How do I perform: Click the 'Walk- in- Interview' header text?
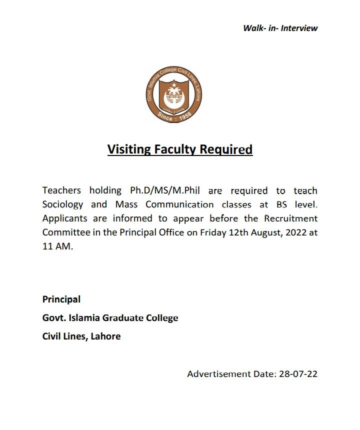pyautogui.click(x=280, y=28)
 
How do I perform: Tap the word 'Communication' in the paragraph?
pyautogui.click(x=179, y=204)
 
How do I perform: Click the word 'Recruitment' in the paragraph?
pyautogui.click(x=290, y=218)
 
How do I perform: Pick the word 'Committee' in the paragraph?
pyautogui.click(x=64, y=232)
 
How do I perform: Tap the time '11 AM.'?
pyautogui.click(x=57, y=247)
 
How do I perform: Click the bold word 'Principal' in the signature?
pyautogui.click(x=61, y=299)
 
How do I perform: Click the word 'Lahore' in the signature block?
pyautogui.click(x=105, y=336)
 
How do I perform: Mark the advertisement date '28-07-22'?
pyautogui.click(x=298, y=374)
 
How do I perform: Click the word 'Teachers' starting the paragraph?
pyautogui.click(x=61, y=190)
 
